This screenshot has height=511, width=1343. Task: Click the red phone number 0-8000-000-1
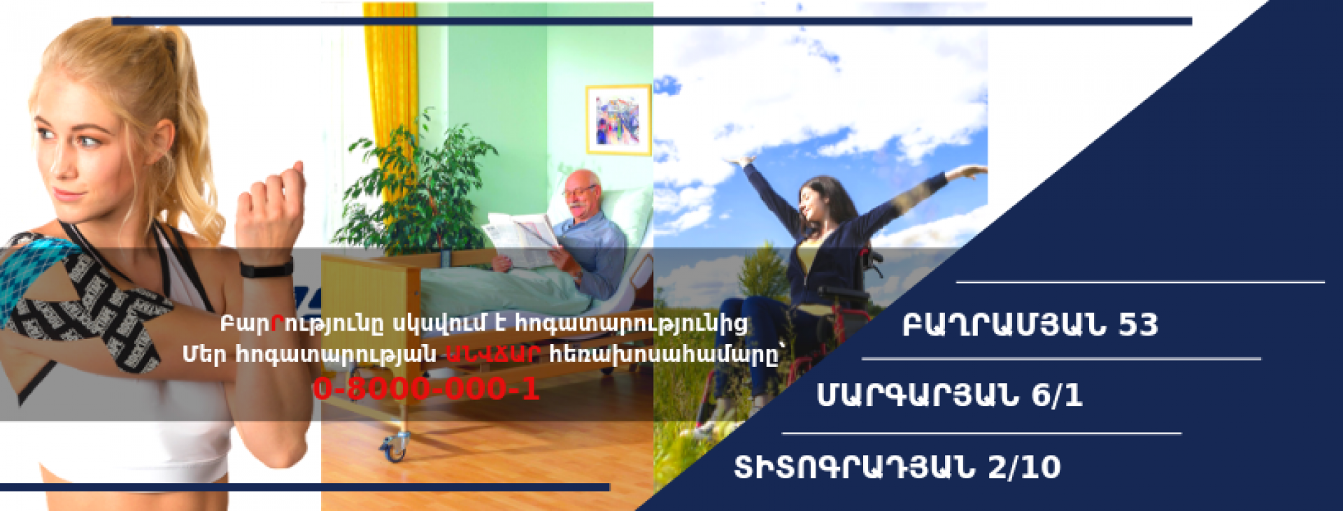(x=426, y=389)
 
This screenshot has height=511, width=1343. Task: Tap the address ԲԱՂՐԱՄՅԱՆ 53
(x=1030, y=324)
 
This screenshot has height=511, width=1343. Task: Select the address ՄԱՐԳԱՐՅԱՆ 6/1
(x=949, y=396)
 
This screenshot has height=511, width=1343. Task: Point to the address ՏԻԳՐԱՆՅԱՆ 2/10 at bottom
(x=897, y=467)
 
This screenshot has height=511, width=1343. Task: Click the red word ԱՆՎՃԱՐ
(x=492, y=354)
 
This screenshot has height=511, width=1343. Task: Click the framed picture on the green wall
(x=618, y=120)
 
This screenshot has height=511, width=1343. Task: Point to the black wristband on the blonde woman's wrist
(x=267, y=268)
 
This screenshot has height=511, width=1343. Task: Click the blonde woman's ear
(x=160, y=141)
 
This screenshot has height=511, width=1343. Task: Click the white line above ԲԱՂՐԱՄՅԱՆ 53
(x=1140, y=282)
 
